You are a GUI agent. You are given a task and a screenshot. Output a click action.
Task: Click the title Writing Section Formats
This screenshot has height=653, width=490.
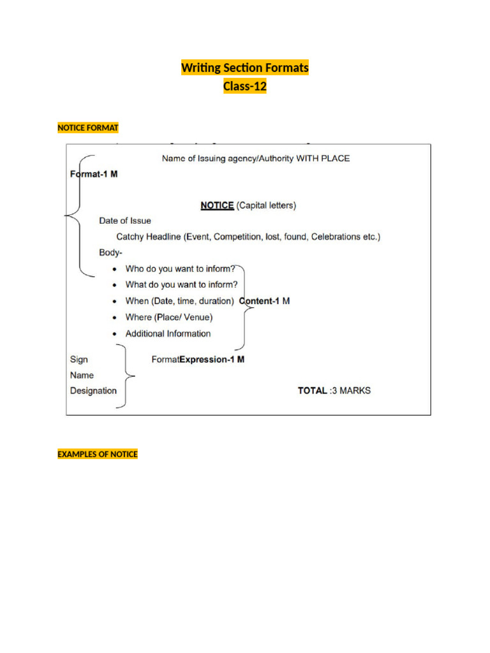click(245, 68)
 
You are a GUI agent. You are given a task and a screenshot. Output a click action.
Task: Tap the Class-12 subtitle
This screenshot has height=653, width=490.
click(245, 87)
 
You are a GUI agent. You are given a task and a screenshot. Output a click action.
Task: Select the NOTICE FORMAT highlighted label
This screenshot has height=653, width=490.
click(88, 128)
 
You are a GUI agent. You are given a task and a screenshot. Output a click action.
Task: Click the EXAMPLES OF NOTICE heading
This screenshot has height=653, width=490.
click(98, 454)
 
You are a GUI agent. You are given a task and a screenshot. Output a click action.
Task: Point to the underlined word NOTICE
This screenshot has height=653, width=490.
click(217, 205)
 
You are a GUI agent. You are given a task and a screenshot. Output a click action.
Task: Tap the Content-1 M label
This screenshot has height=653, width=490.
click(264, 301)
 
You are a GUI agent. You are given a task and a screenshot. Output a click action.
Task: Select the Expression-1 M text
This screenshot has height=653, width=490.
click(212, 359)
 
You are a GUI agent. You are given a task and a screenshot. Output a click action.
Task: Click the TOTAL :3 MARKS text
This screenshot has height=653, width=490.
click(334, 390)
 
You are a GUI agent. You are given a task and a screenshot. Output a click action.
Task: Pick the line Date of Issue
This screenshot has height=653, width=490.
click(125, 221)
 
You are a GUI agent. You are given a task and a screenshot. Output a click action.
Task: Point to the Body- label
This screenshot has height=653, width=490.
click(110, 253)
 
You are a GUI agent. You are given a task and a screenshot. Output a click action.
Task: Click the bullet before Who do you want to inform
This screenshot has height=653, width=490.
click(114, 270)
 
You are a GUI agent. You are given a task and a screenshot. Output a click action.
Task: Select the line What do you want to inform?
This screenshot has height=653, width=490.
click(181, 285)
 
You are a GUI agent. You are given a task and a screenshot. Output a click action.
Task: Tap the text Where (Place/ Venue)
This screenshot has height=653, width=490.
click(169, 317)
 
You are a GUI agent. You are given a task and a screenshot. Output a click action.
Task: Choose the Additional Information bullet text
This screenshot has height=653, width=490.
click(168, 334)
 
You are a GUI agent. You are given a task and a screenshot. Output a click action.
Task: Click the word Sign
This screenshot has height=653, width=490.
click(78, 359)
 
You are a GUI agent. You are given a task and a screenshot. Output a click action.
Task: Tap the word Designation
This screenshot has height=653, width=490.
click(93, 390)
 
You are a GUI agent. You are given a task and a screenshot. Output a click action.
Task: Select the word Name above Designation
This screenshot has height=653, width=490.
click(82, 375)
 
